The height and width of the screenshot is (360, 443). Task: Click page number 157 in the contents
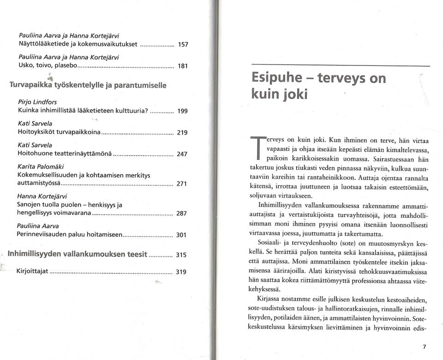click(183, 45)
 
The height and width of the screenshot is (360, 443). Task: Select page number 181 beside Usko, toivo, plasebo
click(183, 66)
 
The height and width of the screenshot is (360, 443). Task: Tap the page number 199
click(183, 112)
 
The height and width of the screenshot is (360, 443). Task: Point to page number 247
click(183, 153)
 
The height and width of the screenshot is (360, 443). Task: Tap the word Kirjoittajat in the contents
click(32, 270)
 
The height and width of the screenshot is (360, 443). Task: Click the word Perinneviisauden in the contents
click(44, 234)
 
